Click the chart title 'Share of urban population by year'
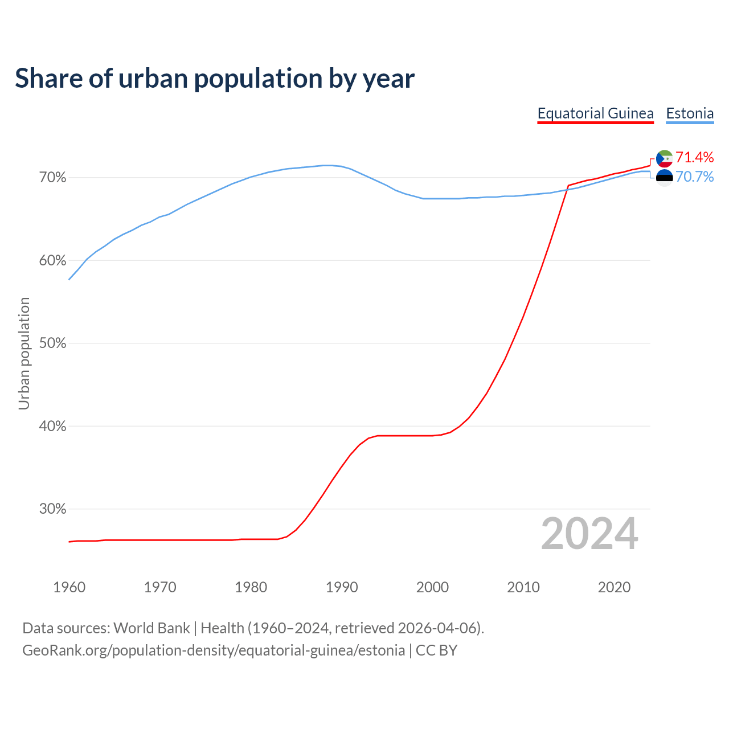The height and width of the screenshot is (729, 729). (214, 79)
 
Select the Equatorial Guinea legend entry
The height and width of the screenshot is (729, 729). (595, 113)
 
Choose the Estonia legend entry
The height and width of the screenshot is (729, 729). (690, 113)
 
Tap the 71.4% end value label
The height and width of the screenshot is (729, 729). (694, 157)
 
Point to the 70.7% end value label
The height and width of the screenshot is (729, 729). (694, 177)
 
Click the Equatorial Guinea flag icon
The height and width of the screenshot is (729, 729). (664, 158)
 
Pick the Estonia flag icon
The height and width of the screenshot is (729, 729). (664, 178)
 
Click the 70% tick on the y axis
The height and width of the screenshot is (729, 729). (52, 178)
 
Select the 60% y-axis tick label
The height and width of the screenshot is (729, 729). (52, 261)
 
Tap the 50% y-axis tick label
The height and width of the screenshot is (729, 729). (52, 343)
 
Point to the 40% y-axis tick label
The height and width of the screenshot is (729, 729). (52, 426)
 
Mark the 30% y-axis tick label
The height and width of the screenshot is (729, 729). (52, 509)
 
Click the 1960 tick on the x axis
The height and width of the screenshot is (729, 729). (69, 587)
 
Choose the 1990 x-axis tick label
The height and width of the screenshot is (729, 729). (342, 587)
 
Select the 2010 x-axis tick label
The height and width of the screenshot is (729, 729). (523, 587)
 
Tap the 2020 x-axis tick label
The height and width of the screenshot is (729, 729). (614, 587)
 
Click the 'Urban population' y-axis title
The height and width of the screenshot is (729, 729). (24, 353)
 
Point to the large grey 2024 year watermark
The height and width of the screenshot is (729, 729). (589, 534)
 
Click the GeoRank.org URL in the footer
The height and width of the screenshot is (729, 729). (214, 650)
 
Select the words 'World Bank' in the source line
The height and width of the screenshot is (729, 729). (151, 628)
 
